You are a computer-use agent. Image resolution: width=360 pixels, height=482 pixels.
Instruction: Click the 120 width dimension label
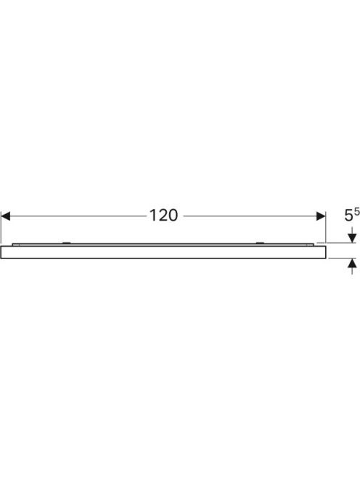coord(163,216)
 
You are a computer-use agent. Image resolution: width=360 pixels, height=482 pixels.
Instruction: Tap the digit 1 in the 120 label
coord(152,216)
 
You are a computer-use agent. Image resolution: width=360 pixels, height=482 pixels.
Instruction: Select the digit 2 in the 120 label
coord(162,216)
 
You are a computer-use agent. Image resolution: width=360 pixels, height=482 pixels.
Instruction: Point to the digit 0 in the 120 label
coord(173,216)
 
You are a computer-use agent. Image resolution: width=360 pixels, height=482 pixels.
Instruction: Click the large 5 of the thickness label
coord(348,216)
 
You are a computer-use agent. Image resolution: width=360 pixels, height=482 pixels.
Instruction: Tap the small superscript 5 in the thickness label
coord(357,211)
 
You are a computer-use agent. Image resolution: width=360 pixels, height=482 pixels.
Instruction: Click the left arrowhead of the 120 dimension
coord(6,216)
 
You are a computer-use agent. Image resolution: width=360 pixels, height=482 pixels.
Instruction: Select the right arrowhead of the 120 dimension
coord(321,216)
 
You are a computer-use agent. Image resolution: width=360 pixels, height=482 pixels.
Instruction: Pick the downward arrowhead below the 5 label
coord(352,238)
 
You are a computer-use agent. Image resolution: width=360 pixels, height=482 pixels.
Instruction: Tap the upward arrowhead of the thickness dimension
coord(352,263)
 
